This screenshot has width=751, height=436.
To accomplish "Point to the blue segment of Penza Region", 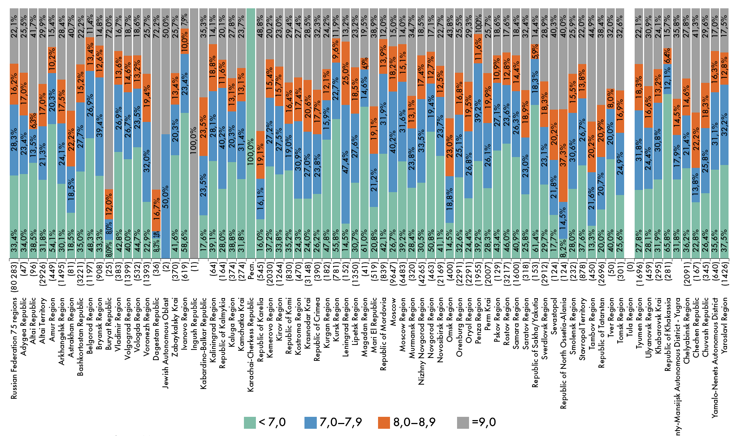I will point(478,112).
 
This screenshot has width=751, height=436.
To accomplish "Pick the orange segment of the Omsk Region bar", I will point(450,147).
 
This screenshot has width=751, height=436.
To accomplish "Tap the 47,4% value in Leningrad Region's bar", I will point(345,164).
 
